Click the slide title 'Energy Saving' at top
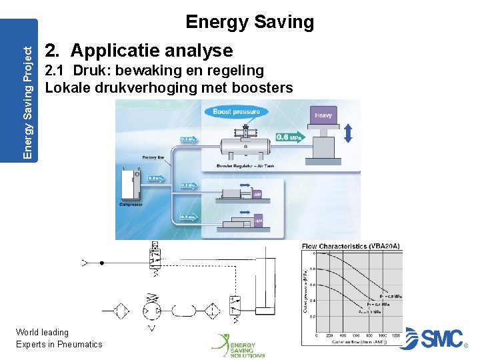(249, 22)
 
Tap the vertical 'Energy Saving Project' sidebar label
(27, 89)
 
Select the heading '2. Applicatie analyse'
(138, 50)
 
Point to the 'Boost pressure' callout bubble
(236, 112)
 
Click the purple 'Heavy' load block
(323, 116)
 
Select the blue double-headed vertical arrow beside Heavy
(347, 134)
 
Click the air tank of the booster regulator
(245, 147)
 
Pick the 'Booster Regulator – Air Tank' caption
(245, 165)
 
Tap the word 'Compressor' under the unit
(131, 205)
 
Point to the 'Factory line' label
(154, 157)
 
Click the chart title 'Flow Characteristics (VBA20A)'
(351, 246)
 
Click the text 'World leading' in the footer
(42, 332)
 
